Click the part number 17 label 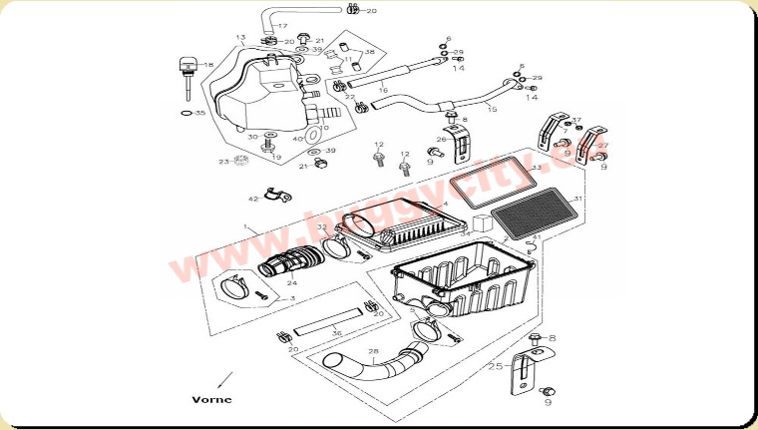click(x=282, y=26)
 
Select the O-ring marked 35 click(x=187, y=114)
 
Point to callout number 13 click(x=239, y=38)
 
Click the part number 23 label click(x=224, y=161)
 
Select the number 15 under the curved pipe click(x=491, y=109)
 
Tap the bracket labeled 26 click(x=460, y=145)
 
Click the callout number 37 click(x=575, y=121)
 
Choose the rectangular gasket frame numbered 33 click(x=491, y=185)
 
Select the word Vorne click(x=211, y=398)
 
